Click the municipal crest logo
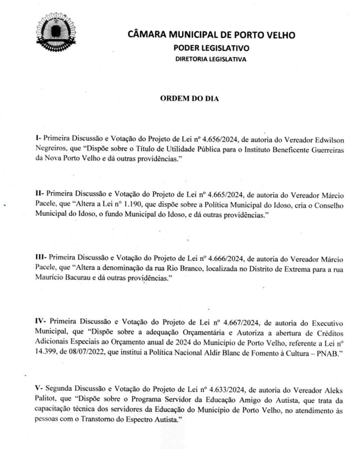55,32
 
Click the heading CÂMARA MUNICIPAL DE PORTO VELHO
211,35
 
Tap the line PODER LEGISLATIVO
211,48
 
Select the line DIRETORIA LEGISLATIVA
211,59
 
